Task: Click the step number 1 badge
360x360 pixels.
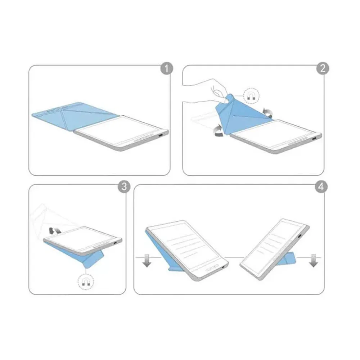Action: pos(166,68)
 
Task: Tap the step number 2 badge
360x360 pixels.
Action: pos(323,68)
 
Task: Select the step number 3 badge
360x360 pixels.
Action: pos(124,186)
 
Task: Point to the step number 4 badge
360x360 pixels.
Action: pos(321,186)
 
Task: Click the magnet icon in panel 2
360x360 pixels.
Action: pos(251,96)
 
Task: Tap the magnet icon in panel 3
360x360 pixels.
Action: pos(86,282)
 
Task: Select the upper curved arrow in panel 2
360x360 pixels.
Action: pos(267,113)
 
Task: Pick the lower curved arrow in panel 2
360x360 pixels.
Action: pos(219,130)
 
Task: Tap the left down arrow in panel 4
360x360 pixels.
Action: pos(147,261)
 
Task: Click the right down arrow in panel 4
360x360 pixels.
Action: pos(313,261)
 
